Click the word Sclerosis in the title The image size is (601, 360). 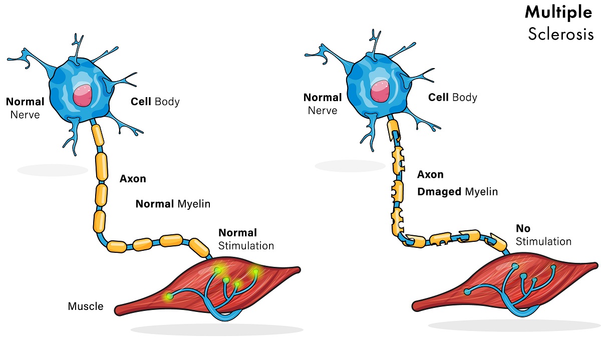pyautogui.click(x=560, y=34)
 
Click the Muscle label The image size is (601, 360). pyautogui.click(x=86, y=306)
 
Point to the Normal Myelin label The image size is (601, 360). pyautogui.click(x=173, y=204)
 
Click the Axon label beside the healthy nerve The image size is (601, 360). pyautogui.click(x=133, y=179)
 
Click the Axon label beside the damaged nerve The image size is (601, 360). pyautogui.click(x=430, y=175)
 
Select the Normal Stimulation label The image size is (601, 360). pyautogui.click(x=246, y=239)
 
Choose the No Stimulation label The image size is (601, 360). pyautogui.click(x=543, y=235)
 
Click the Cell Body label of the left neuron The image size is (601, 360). pyautogui.click(x=155, y=102)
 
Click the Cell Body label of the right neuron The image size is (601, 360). pyautogui.click(x=453, y=97)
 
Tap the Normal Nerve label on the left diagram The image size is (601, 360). pyautogui.click(x=25, y=108)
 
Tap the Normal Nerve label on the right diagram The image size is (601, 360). pyautogui.click(x=323, y=104)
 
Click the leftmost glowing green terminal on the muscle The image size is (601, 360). pyautogui.click(x=170, y=296)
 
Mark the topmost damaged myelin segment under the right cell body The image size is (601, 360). pyautogui.click(x=394, y=129)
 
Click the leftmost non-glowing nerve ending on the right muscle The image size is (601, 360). pyautogui.click(x=467, y=291)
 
